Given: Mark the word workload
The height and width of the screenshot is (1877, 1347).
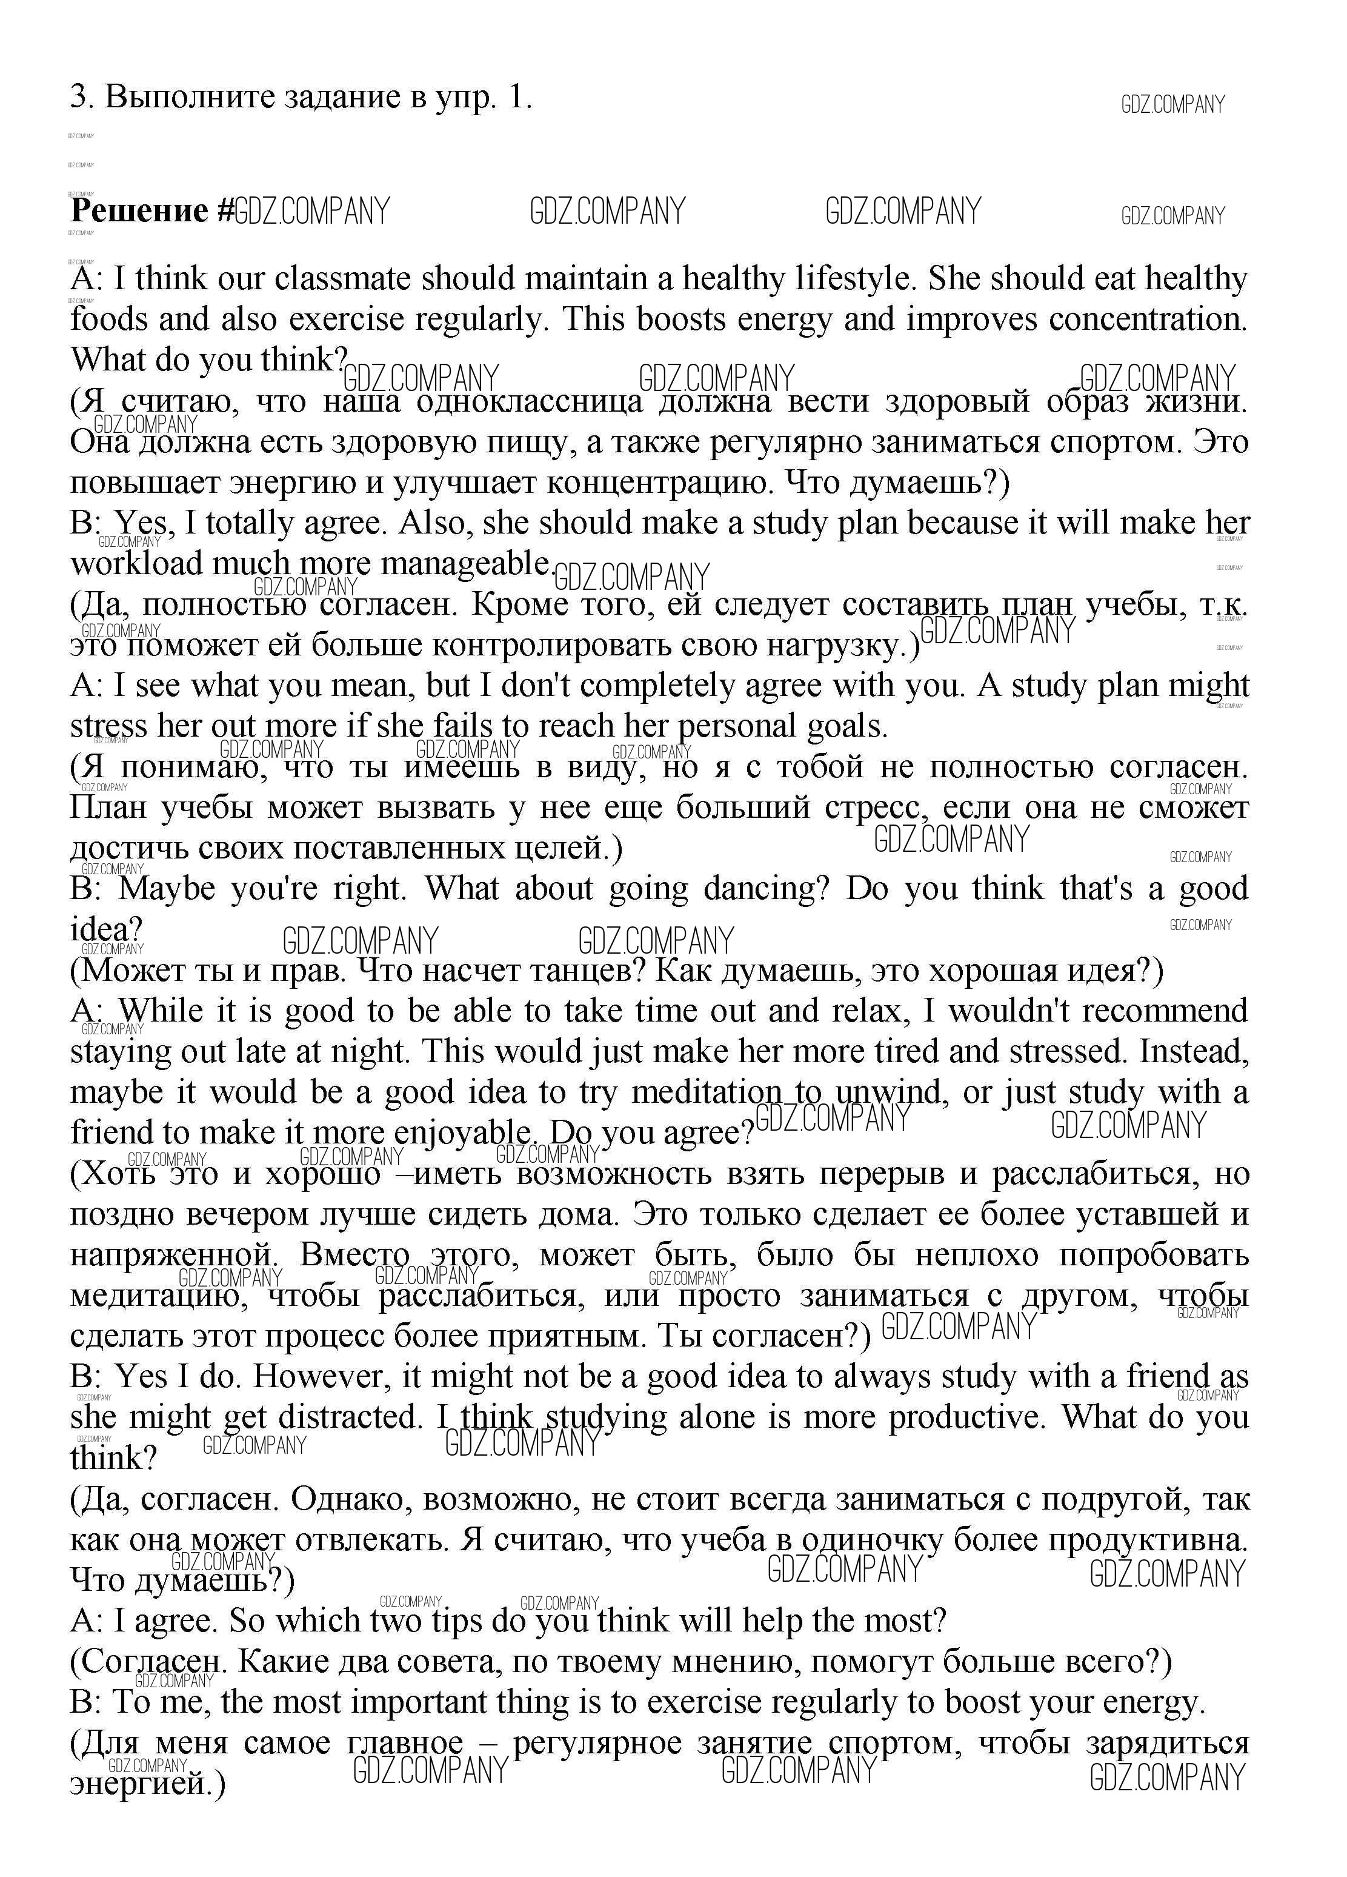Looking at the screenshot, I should [x=136, y=564].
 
